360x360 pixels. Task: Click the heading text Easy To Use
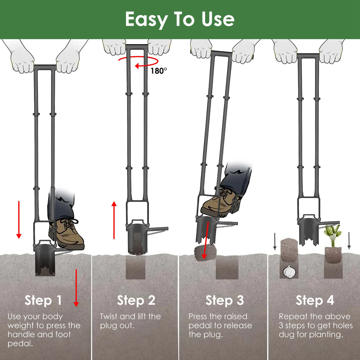click(180, 19)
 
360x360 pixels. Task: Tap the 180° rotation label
click(159, 71)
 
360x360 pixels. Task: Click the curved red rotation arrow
click(138, 62)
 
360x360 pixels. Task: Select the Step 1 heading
click(43, 300)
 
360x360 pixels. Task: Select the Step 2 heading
click(136, 300)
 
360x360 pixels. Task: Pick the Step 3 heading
click(224, 300)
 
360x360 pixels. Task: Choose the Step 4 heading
click(315, 300)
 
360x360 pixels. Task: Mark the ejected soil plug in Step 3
click(204, 252)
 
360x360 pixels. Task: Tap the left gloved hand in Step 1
click(22, 58)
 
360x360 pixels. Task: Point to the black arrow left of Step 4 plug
click(275, 241)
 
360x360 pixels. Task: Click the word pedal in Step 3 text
click(200, 325)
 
